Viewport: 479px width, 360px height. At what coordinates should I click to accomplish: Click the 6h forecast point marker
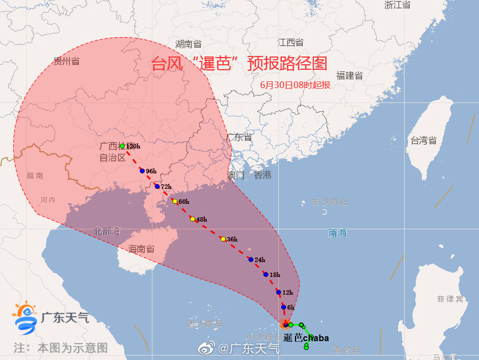[283, 307]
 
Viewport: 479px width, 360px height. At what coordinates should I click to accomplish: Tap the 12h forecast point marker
[278, 292]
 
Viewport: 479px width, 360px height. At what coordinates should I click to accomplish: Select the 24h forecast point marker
[251, 260]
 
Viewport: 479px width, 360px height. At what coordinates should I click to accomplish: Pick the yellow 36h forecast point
[223, 239]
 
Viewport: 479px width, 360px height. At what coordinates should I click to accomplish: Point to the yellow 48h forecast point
[192, 219]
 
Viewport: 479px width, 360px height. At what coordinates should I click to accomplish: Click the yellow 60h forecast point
[175, 201]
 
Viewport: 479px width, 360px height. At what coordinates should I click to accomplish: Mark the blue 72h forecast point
[157, 187]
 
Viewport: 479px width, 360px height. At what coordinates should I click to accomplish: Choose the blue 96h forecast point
[142, 171]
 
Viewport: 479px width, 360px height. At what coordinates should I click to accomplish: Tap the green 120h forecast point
[123, 146]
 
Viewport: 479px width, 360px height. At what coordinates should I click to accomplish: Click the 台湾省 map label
[423, 141]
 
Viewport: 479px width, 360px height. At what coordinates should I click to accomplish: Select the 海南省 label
[141, 249]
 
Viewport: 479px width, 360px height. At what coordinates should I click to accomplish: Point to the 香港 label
[263, 175]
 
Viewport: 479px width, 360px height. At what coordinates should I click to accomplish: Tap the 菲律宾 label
[450, 299]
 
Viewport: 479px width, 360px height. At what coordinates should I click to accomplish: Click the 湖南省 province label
[188, 44]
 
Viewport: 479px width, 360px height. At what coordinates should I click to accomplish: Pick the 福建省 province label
[349, 75]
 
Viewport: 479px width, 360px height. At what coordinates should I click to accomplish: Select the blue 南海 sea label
[337, 233]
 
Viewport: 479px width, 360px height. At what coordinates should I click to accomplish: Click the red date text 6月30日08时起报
[295, 85]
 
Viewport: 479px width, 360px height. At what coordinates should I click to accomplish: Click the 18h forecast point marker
[266, 275]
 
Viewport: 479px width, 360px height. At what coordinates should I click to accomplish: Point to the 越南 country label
[34, 176]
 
